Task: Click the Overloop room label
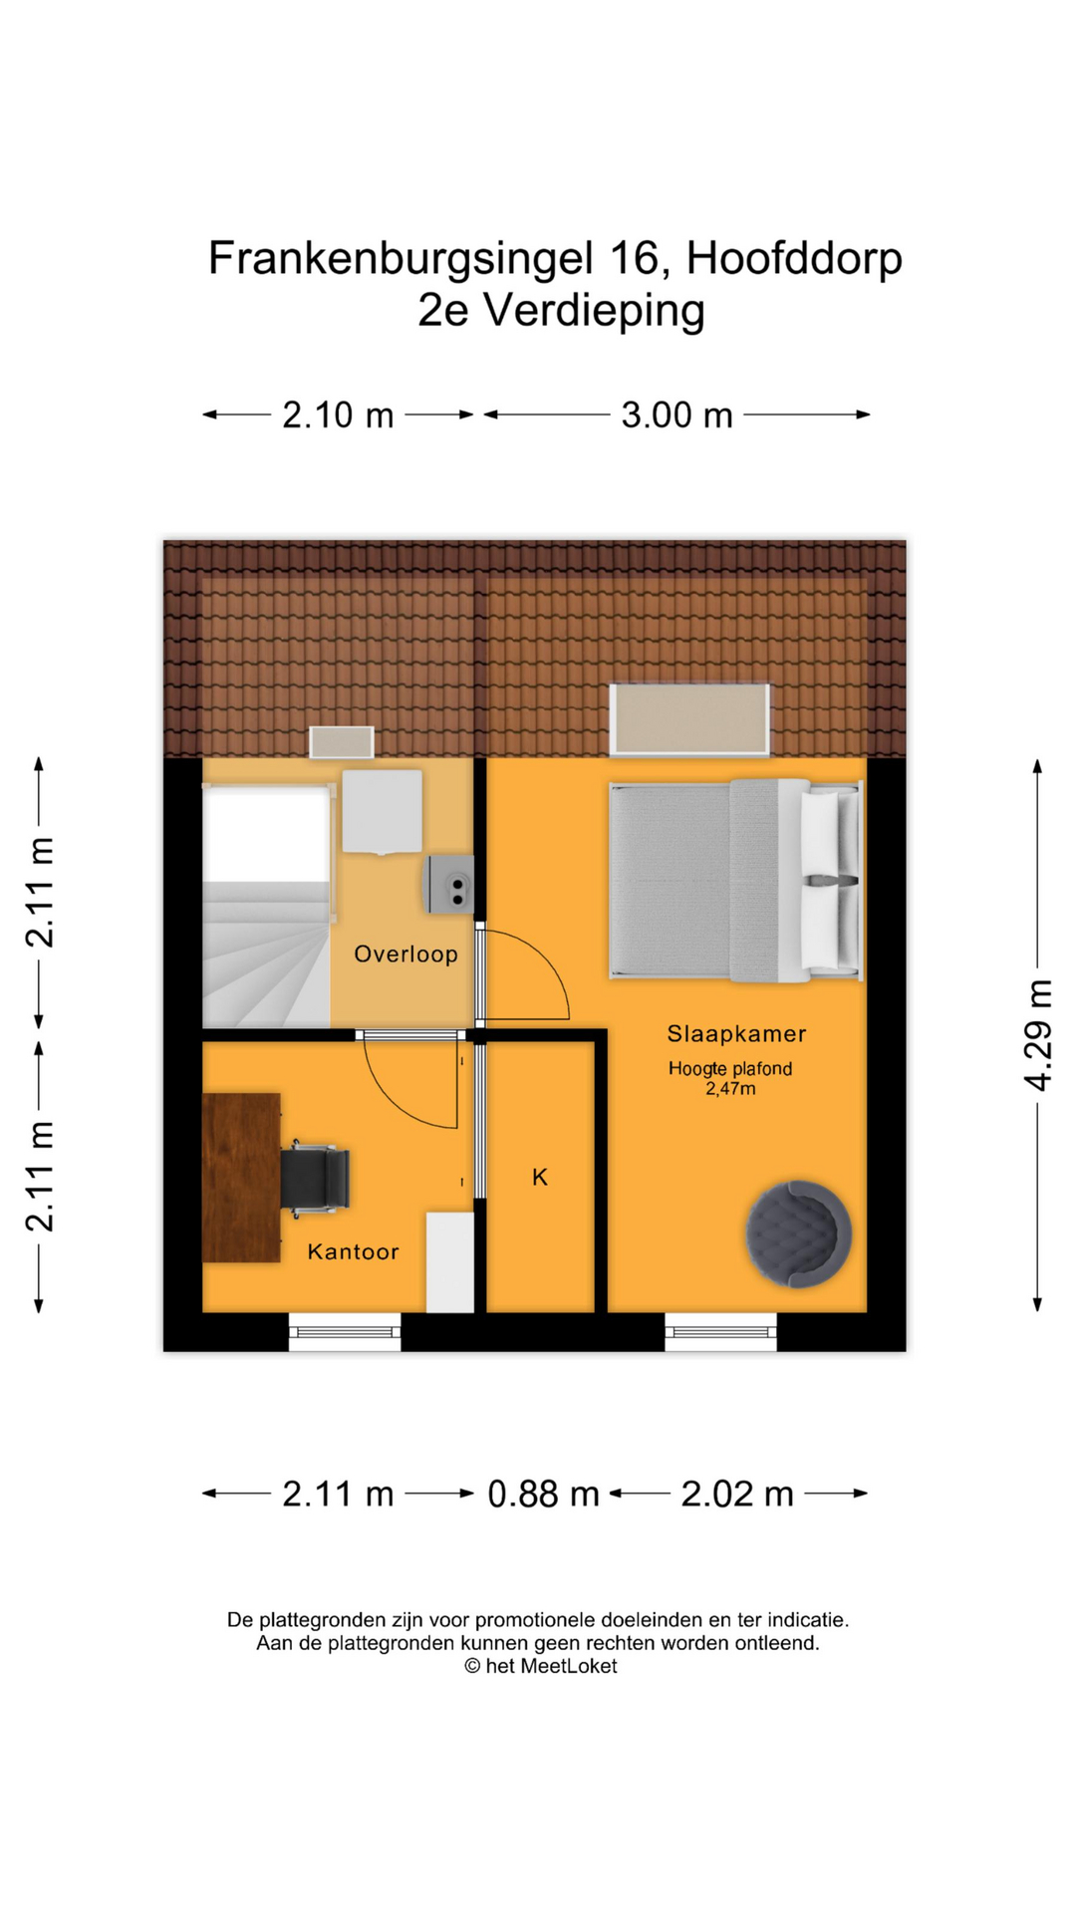(x=405, y=955)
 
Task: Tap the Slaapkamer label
(x=736, y=1034)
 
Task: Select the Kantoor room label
(x=353, y=1251)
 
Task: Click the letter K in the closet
(x=540, y=1178)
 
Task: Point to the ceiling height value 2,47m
(x=730, y=1089)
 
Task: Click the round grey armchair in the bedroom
(x=798, y=1233)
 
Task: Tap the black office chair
(x=315, y=1180)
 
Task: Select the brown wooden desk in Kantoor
(x=241, y=1178)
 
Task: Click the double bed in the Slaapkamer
(x=735, y=880)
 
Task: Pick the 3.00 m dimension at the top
(x=676, y=415)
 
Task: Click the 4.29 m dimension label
(x=1038, y=1035)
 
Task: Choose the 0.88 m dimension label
(x=543, y=1495)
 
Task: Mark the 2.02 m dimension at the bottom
(x=737, y=1495)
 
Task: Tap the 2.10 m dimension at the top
(x=338, y=415)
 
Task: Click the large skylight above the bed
(x=689, y=719)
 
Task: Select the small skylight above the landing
(x=342, y=742)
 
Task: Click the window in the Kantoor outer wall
(x=345, y=1332)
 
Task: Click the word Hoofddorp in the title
(x=794, y=258)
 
